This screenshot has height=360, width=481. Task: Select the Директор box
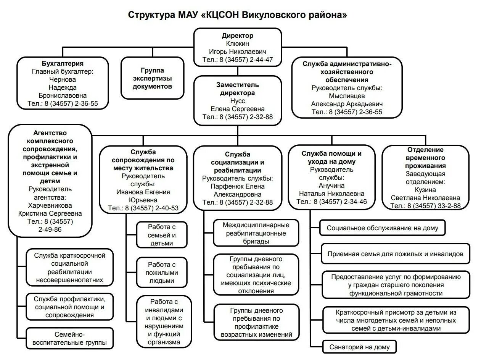click(x=237, y=47)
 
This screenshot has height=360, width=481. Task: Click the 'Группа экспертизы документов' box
click(x=152, y=78)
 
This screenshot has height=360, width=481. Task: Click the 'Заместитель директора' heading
click(x=237, y=89)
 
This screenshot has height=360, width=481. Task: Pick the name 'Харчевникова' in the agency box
click(x=50, y=205)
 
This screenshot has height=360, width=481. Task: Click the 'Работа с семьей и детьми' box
click(x=162, y=234)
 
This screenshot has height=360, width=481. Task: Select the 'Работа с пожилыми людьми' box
click(x=162, y=272)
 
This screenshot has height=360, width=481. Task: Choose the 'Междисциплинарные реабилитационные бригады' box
click(x=256, y=233)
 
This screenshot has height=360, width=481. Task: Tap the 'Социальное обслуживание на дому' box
click(x=383, y=228)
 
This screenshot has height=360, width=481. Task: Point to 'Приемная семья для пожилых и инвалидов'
click(x=395, y=253)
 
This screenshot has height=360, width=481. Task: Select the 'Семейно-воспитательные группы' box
click(x=69, y=338)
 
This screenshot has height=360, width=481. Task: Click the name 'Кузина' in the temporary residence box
click(x=425, y=189)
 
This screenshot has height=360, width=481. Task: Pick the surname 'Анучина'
click(x=331, y=186)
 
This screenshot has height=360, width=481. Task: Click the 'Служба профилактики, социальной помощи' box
click(x=69, y=307)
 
